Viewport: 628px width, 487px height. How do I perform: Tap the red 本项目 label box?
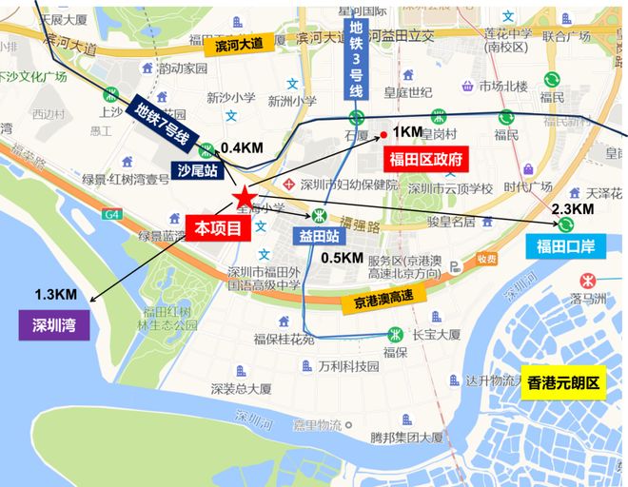tap(218, 227)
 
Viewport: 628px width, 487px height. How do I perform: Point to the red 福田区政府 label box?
tap(422, 159)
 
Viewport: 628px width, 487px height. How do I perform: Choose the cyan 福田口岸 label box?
tap(565, 247)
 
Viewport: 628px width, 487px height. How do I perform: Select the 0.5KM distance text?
tap(341, 258)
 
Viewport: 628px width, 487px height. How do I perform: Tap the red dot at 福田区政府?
tap(383, 134)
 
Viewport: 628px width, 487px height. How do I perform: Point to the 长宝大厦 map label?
tap(436, 334)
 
